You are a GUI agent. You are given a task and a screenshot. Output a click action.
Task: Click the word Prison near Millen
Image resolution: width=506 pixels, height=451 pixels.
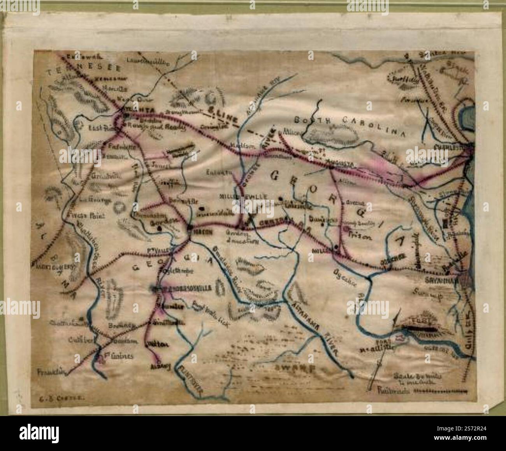356,236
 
